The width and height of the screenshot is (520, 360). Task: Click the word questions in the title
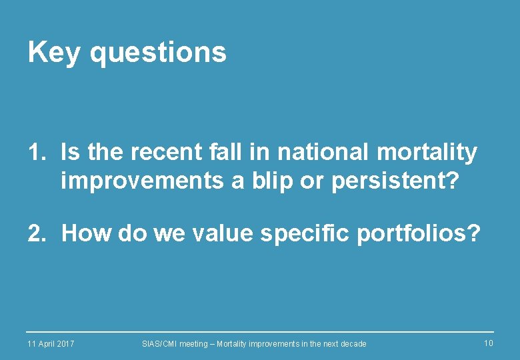point(158,53)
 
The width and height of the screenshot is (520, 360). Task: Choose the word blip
point(276,181)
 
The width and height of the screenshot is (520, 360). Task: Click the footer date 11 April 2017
point(51,343)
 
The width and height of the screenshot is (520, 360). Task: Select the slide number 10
point(488,343)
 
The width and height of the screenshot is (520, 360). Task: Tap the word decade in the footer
point(352,343)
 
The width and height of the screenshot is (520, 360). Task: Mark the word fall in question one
point(227,153)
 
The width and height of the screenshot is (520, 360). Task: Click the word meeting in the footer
point(194,343)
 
